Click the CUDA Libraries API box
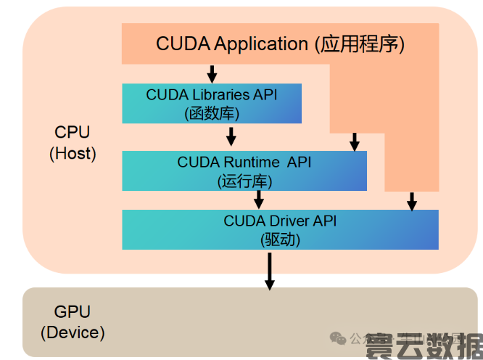coord(212,103)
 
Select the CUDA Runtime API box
coord(244,171)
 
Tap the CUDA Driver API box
coord(280,229)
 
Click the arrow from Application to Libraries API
coord(212,73)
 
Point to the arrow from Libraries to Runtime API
coord(231,136)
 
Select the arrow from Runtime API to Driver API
coord(258,200)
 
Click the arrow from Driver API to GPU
coord(269,272)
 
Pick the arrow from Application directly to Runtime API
coord(354,142)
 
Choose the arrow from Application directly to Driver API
coord(411,201)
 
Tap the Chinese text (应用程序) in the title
coord(359,44)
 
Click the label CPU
coord(73,132)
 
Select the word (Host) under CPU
coord(73,153)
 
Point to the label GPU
coord(73,312)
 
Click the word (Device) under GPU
coord(73,332)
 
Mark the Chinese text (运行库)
coord(244,180)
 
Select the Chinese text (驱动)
coord(280,239)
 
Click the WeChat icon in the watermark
coord(338,338)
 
